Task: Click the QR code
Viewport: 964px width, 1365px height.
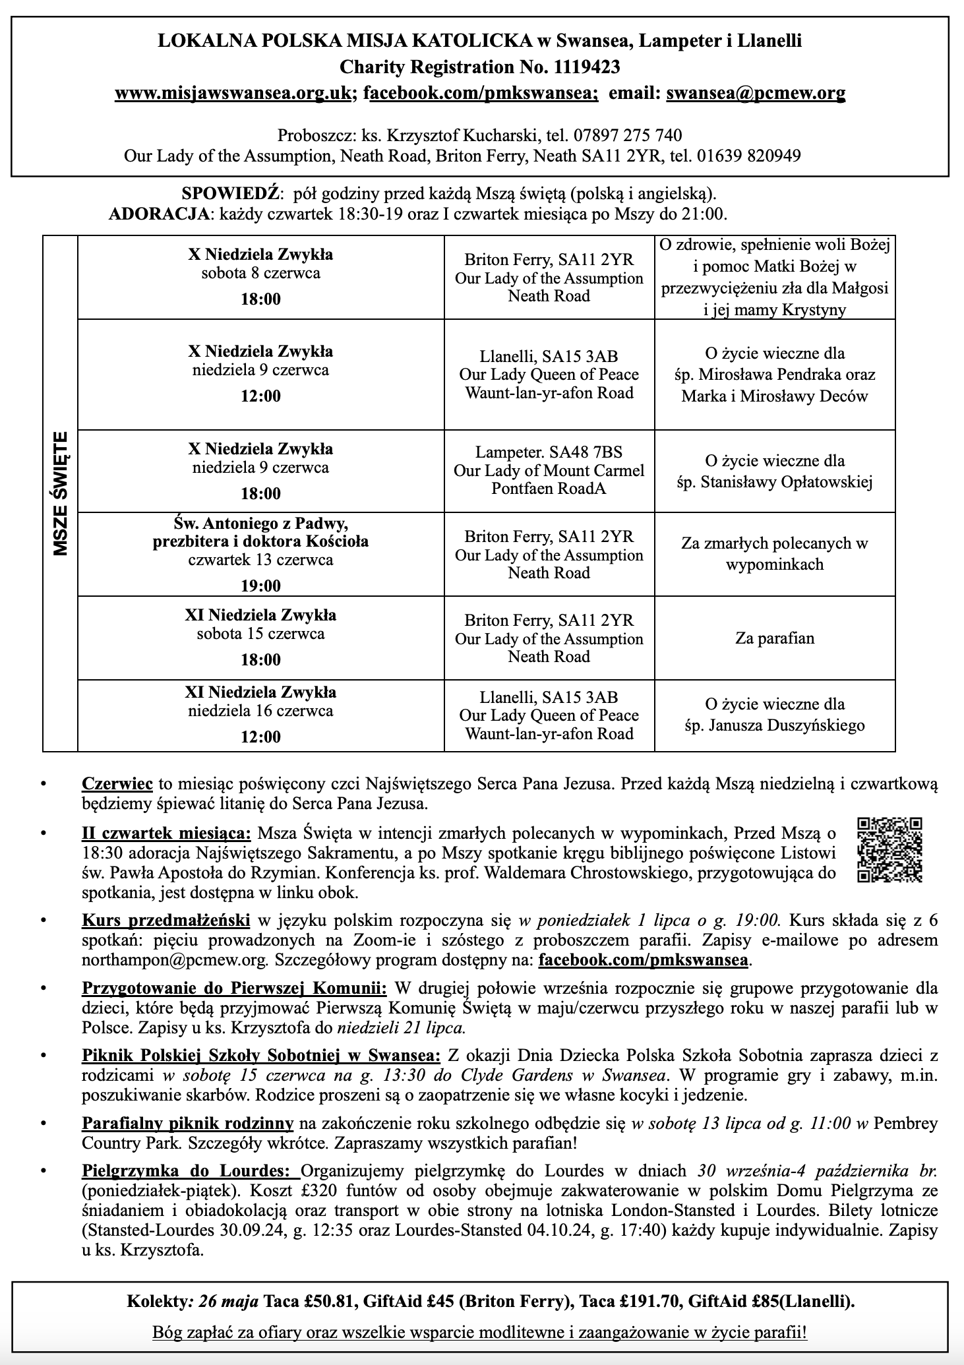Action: [889, 850]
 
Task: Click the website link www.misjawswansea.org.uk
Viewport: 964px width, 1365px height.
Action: [232, 93]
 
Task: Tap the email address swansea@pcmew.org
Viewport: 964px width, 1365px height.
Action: [756, 93]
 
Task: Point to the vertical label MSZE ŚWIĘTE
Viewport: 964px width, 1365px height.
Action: [61, 493]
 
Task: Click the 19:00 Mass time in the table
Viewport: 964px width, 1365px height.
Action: [260, 586]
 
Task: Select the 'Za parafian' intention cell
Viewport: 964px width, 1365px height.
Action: [775, 638]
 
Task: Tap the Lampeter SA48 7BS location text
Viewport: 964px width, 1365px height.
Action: [549, 452]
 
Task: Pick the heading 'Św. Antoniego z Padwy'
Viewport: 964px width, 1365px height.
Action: [260, 524]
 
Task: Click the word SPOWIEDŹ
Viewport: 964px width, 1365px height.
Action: [231, 194]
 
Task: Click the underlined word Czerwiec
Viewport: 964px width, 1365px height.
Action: [117, 784]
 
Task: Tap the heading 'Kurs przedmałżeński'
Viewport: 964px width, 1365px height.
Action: [166, 920]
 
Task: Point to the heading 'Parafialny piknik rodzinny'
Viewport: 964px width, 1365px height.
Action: [187, 1123]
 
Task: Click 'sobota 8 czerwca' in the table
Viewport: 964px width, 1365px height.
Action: [260, 273]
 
